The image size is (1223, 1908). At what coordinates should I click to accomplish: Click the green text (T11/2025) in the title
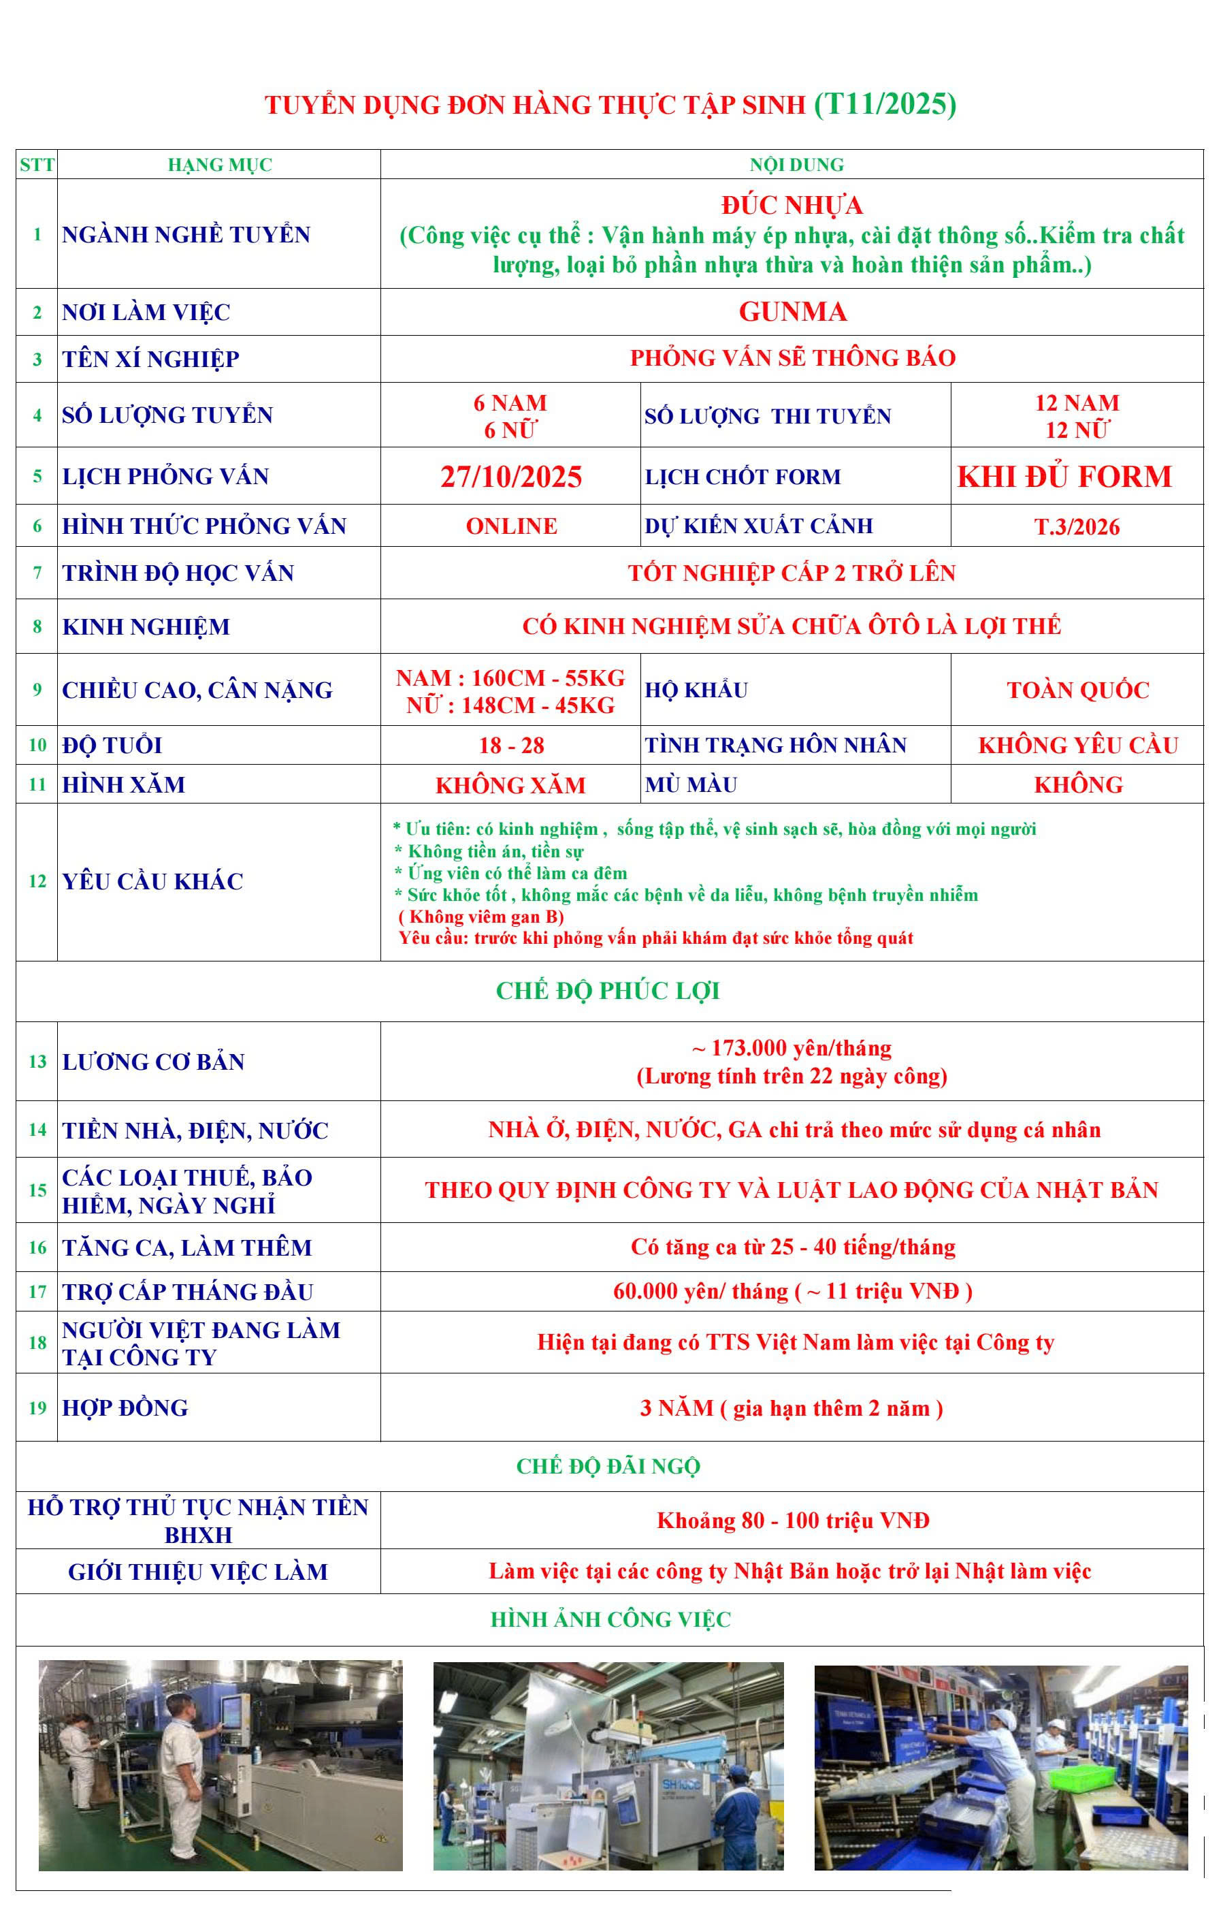[885, 104]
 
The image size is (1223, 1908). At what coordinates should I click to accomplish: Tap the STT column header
[37, 165]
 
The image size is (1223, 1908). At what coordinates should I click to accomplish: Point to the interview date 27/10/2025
[510, 477]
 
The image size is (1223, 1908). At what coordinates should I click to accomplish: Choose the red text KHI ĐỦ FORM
[1064, 477]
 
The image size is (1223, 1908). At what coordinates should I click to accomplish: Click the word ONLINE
[510, 526]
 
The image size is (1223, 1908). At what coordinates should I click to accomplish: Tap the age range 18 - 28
[510, 745]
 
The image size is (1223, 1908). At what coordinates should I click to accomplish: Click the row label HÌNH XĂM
[124, 785]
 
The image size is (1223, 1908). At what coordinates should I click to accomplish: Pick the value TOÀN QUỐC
[1077, 690]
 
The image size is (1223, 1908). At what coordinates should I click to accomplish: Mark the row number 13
[37, 1061]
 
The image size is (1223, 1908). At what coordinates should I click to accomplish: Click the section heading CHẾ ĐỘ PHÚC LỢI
[608, 991]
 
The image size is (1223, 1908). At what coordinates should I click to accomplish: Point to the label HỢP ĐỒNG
[125, 1408]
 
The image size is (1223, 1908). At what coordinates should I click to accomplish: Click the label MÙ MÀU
[691, 785]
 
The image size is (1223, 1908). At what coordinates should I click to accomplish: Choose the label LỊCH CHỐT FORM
[743, 477]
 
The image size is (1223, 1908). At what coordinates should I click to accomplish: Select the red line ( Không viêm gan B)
[481, 917]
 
